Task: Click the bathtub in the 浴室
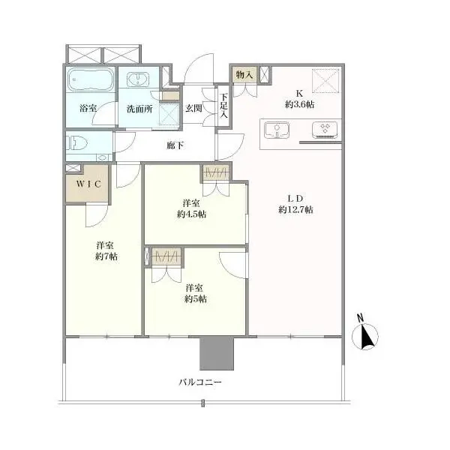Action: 91,79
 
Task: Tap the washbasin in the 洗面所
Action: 138,79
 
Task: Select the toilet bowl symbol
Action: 75,142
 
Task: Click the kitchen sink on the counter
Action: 277,130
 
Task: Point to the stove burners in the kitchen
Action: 325,130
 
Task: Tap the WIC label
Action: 88,184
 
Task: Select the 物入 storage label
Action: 244,74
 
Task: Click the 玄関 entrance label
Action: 193,108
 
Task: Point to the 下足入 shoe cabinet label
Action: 223,106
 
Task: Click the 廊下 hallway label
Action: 175,145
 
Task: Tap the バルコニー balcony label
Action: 200,382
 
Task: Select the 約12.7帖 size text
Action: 295,210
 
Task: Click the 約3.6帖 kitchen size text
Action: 299,104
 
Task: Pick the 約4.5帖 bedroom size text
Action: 191,214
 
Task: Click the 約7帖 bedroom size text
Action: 106,256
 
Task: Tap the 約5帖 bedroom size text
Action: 195,298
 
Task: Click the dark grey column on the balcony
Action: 217,353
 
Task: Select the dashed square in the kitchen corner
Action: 325,80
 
